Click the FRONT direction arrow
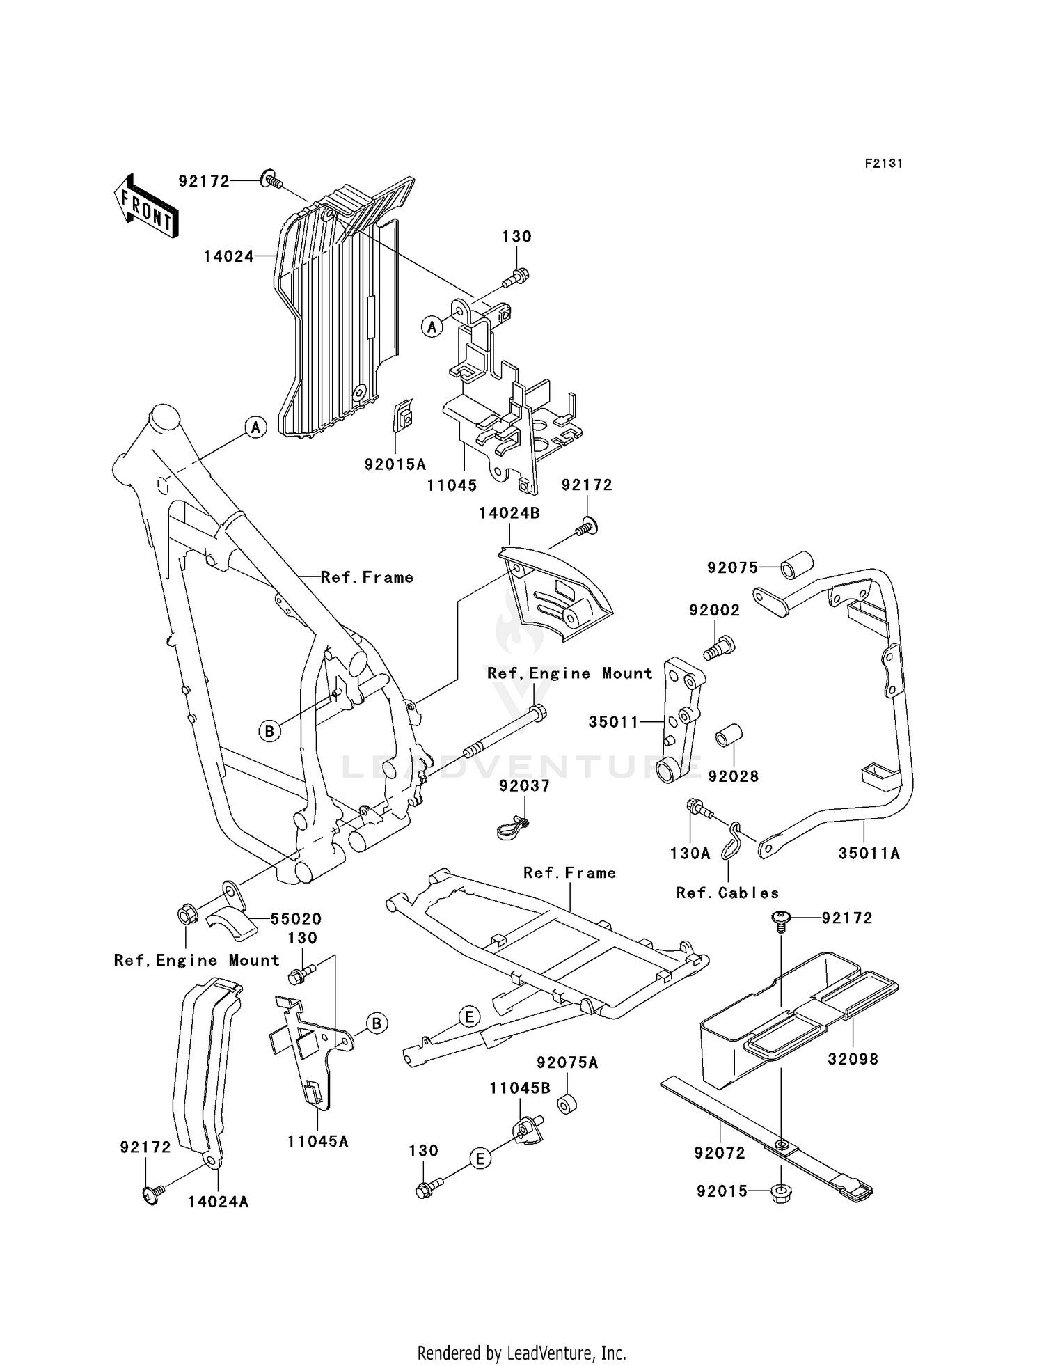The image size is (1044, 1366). click(x=145, y=207)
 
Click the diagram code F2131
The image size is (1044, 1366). click(x=883, y=164)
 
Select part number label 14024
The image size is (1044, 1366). click(x=228, y=257)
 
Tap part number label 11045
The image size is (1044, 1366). click(x=452, y=486)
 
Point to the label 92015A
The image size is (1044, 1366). click(x=395, y=464)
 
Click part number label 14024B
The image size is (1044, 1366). click(x=509, y=513)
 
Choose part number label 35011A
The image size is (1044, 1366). click(x=869, y=854)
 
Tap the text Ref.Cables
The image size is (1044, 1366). click(x=727, y=893)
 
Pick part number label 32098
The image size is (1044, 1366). click(x=853, y=1059)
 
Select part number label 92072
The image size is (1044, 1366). click(x=719, y=1154)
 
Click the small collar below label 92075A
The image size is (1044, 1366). click(x=566, y=1106)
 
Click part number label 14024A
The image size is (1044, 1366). click(x=218, y=1202)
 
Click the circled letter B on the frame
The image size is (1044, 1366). click(x=269, y=731)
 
